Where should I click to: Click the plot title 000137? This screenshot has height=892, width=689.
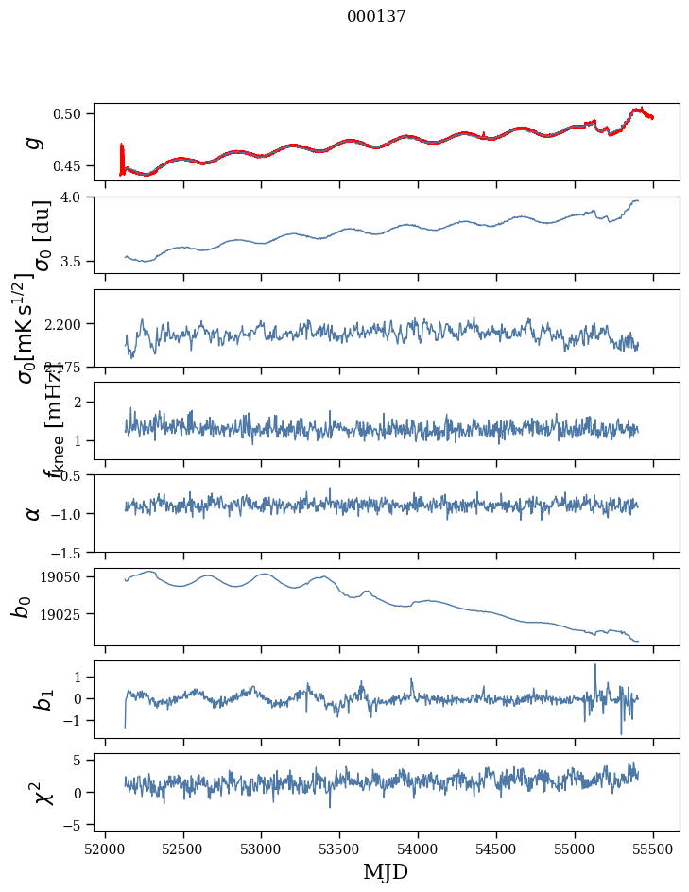coord(376,16)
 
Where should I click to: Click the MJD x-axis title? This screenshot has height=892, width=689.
coord(386,871)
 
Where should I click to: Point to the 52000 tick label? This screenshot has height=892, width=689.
coord(105,847)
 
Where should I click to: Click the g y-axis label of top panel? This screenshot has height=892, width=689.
coord(34,142)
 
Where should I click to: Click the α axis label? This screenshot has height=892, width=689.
coord(34,513)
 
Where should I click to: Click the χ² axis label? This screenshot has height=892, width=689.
coord(34,793)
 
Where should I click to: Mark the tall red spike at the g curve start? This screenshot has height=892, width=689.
coord(122,147)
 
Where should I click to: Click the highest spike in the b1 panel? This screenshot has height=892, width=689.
coord(595,665)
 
